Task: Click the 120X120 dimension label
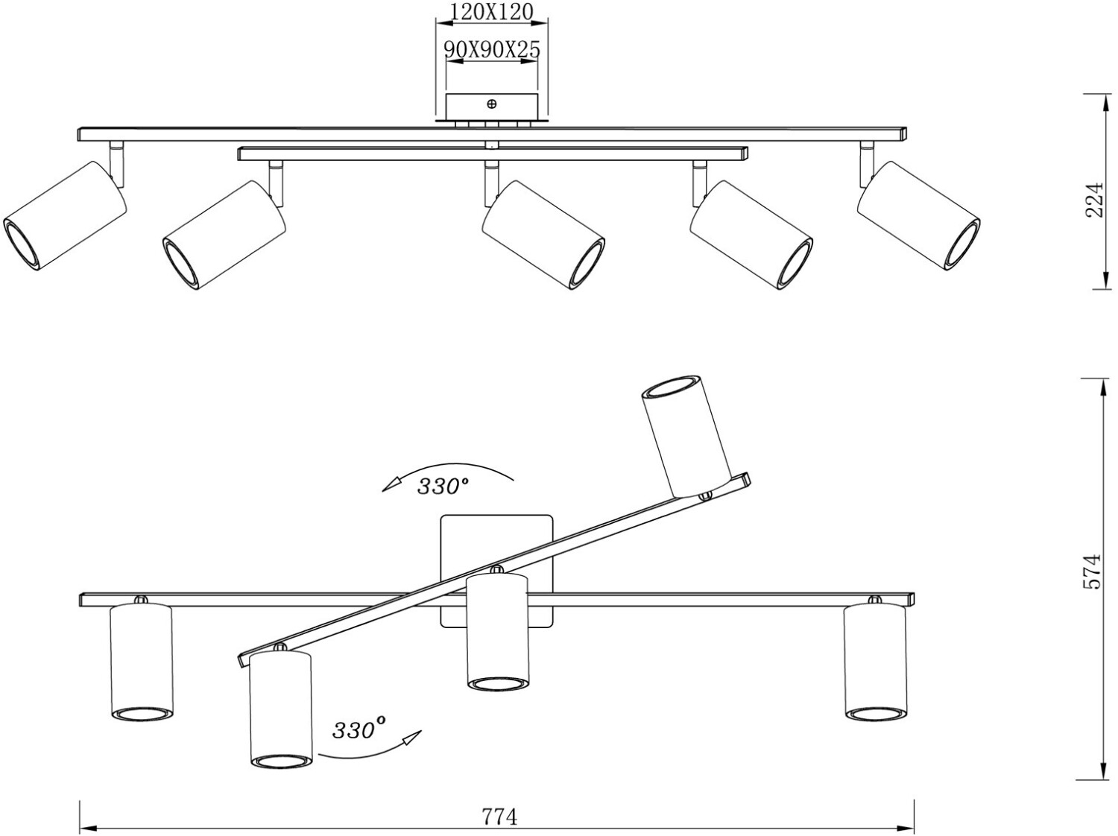pyautogui.click(x=492, y=12)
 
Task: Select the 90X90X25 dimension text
pyautogui.click(x=492, y=49)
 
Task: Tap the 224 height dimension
pyautogui.click(x=1093, y=199)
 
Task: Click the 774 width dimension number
pyautogui.click(x=499, y=817)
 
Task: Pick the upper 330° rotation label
pyautogui.click(x=443, y=487)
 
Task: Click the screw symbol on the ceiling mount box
pyautogui.click(x=491, y=104)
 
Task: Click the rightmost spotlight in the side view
pyautogui.click(x=918, y=215)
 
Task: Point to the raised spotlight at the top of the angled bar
pyautogui.click(x=686, y=436)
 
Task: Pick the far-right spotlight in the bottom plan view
pyautogui.click(x=874, y=662)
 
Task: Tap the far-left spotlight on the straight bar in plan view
pyautogui.click(x=141, y=662)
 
